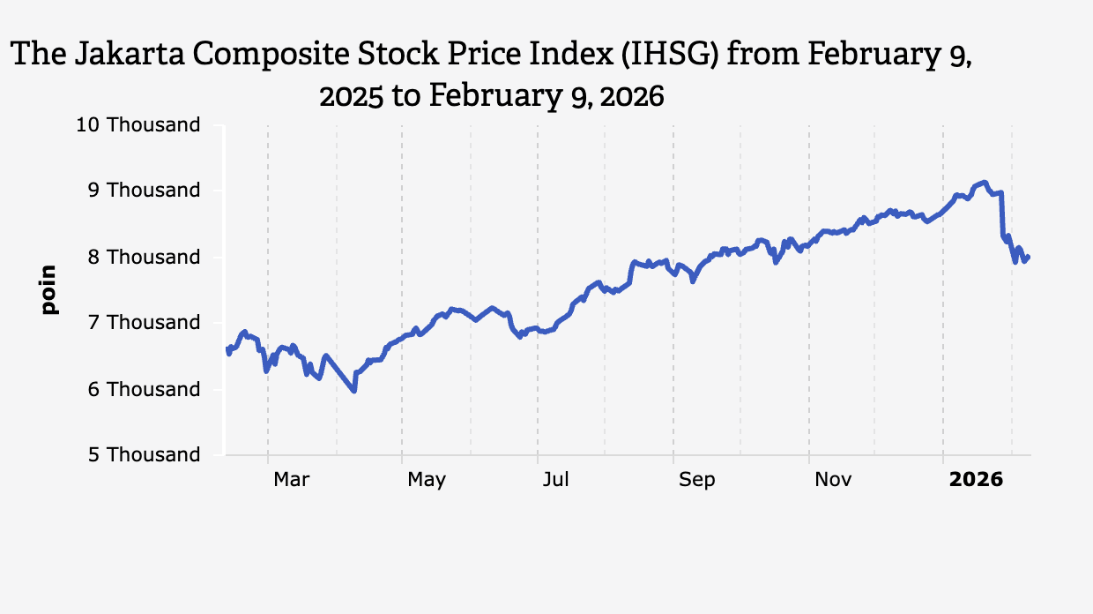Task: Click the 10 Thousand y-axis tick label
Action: click(x=138, y=124)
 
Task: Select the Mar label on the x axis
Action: click(x=291, y=479)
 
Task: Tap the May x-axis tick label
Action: click(x=427, y=479)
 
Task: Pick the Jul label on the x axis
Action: click(x=555, y=479)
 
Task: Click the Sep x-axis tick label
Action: click(x=696, y=479)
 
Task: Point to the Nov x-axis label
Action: click(x=832, y=479)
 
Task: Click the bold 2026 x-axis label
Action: click(x=976, y=479)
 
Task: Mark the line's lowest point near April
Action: click(x=354, y=391)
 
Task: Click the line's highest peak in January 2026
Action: click(x=984, y=182)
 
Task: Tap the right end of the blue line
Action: click(x=1029, y=257)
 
